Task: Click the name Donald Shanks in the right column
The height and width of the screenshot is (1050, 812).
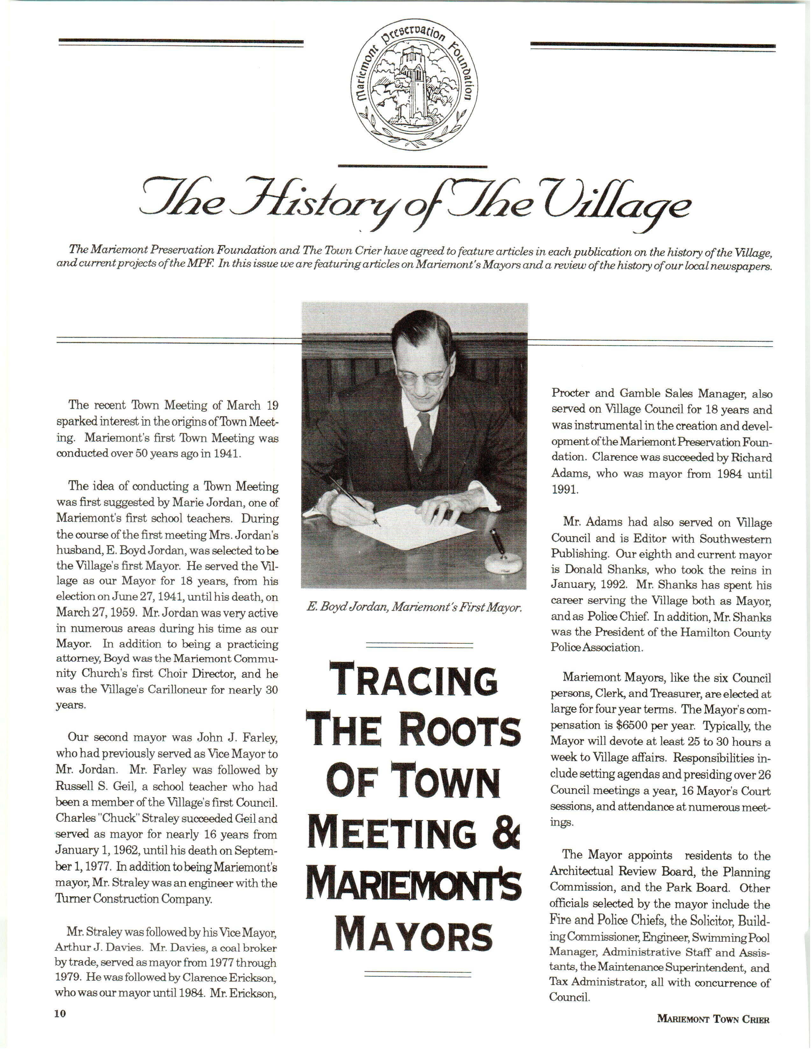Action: tap(596, 570)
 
